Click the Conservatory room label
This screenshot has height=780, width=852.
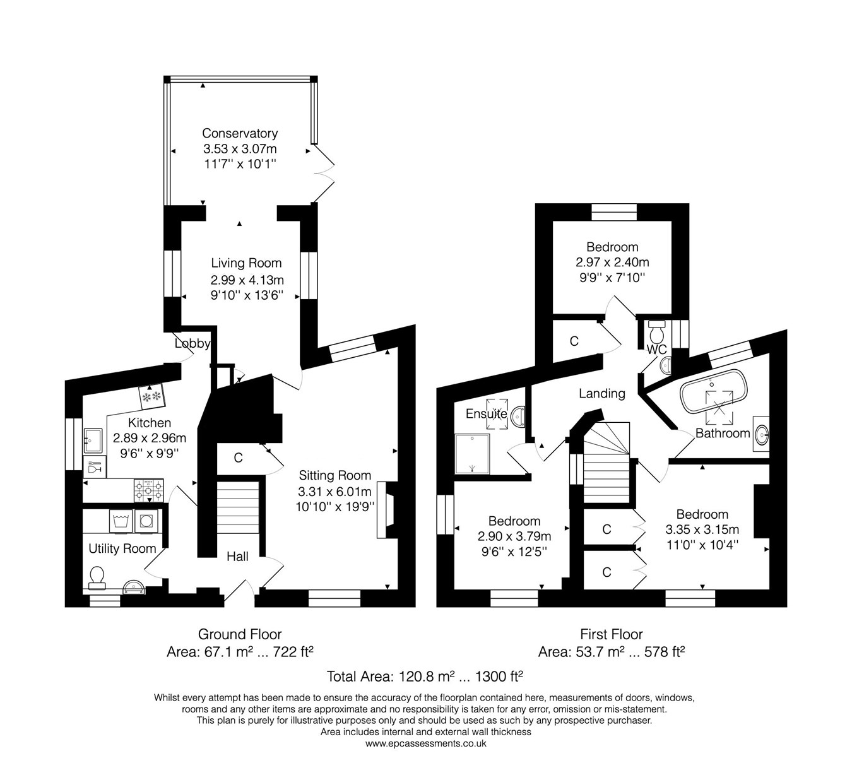coord(240,133)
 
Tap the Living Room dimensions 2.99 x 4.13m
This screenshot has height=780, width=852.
coord(247,280)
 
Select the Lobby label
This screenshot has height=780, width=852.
coord(192,343)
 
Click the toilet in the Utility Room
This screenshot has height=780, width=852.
coord(97,576)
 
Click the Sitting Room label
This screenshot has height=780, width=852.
coord(334,475)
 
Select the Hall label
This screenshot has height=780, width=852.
coord(237,556)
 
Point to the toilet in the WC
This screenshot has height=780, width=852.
coord(656,329)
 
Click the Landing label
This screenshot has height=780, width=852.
coord(602,393)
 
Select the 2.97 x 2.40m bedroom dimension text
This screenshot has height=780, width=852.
coord(612,262)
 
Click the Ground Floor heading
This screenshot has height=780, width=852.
coord(240,634)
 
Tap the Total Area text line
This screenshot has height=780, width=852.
coord(425,677)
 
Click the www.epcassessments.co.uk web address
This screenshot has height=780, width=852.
coord(425,743)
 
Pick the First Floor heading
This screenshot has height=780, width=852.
coord(611,634)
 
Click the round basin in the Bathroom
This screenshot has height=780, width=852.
coord(762,434)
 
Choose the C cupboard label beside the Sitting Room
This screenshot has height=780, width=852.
coord(238,458)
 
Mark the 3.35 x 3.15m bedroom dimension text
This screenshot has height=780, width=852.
coord(702,529)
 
